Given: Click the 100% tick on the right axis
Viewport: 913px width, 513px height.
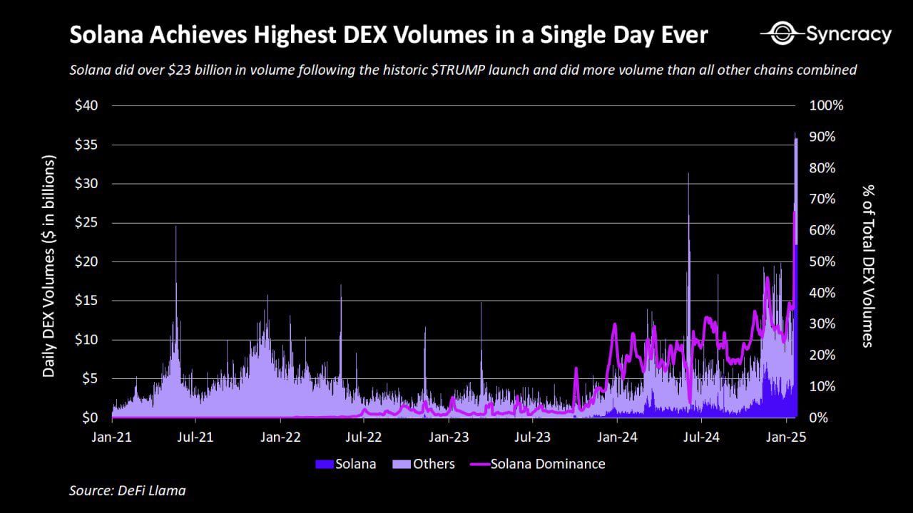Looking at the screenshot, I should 827,105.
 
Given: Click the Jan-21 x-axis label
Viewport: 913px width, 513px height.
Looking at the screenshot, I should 112,437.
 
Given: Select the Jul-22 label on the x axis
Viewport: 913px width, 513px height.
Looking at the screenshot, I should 364,437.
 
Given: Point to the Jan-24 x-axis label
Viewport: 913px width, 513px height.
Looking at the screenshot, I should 618,437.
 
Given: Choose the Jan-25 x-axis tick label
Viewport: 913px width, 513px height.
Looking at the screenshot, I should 786,437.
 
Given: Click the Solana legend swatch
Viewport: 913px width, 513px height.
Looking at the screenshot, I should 324,464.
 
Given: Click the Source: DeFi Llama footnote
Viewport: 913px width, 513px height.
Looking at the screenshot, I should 127,490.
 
